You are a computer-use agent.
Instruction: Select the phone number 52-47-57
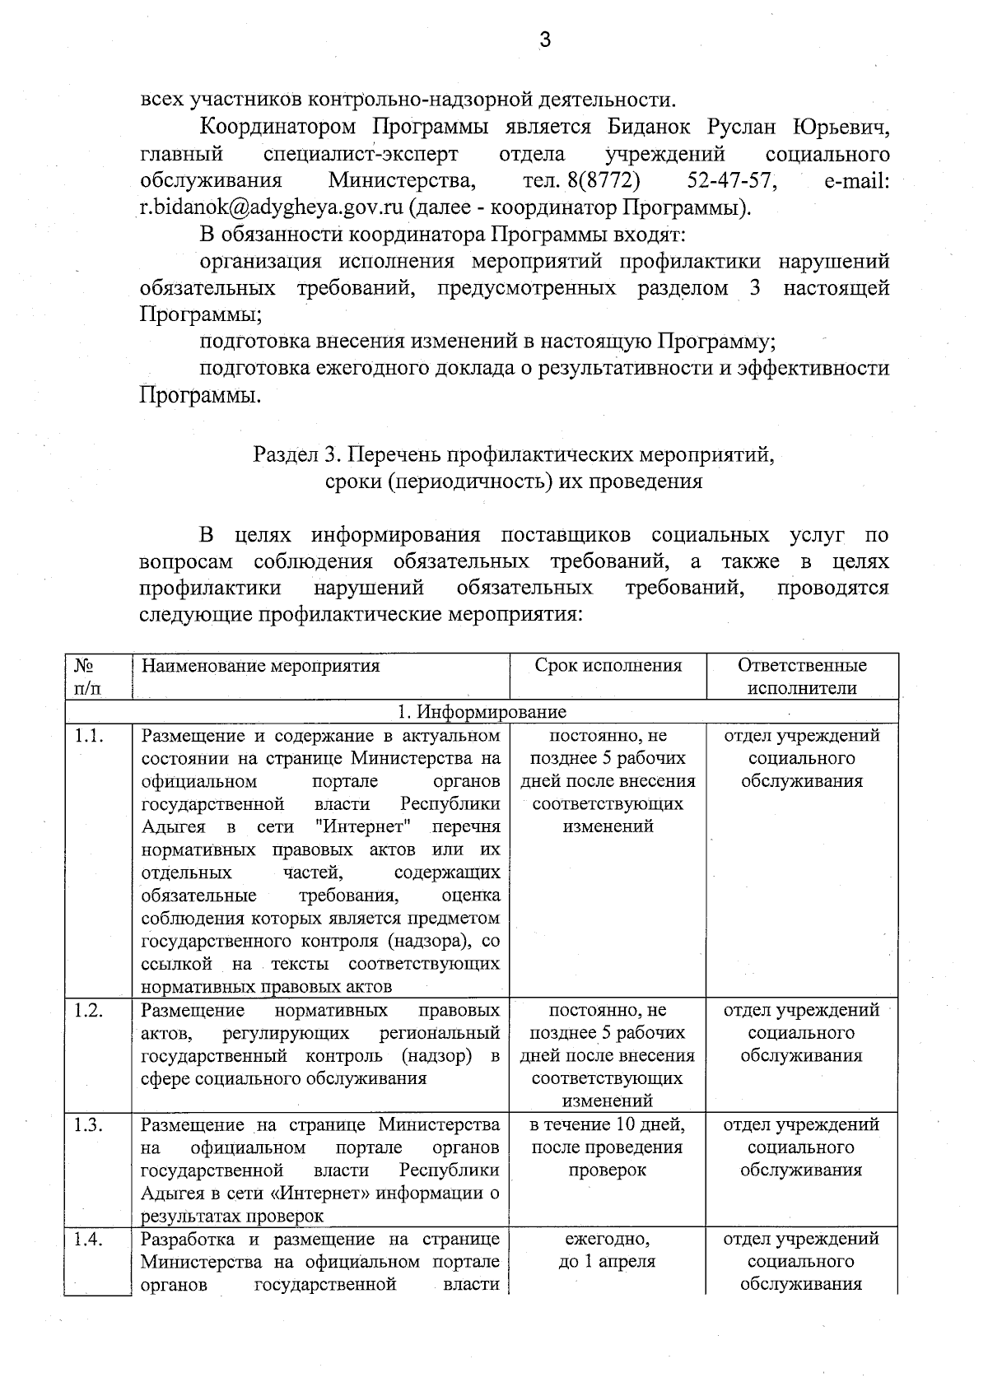[x=733, y=180]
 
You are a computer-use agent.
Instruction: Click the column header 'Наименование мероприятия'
[x=261, y=665]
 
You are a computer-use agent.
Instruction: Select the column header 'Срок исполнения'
[x=608, y=665]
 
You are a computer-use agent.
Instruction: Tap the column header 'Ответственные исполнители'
[x=802, y=676]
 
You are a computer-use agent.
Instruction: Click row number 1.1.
[x=87, y=736]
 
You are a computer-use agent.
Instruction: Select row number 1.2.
[x=87, y=1011]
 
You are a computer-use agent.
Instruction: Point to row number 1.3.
[x=87, y=1125]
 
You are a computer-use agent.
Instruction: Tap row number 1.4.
[x=87, y=1240]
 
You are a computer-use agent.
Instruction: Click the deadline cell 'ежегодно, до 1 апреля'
[x=608, y=1250]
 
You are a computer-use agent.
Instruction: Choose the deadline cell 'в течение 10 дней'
[x=608, y=1125]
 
